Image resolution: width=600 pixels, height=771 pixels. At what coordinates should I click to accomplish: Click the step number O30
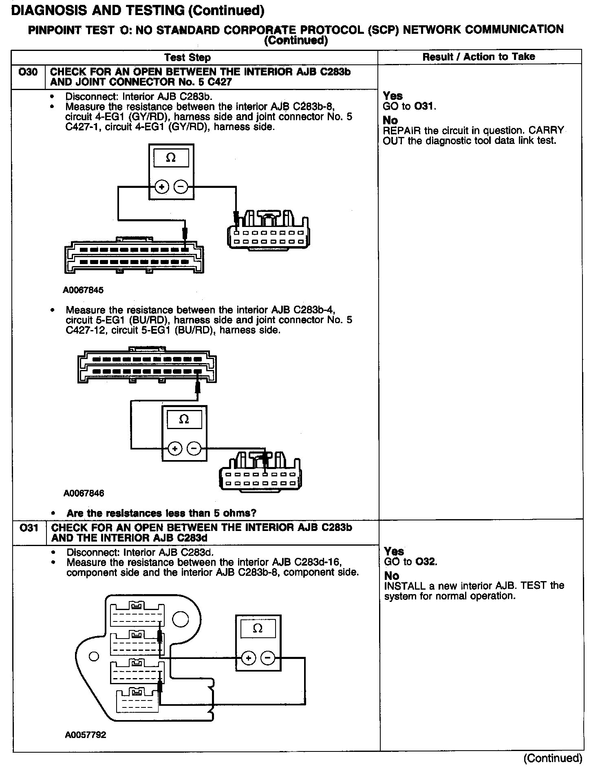click(28, 73)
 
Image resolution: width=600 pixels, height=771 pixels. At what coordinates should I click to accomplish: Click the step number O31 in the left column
click(29, 528)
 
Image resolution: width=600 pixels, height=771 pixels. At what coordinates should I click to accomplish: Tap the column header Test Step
click(187, 57)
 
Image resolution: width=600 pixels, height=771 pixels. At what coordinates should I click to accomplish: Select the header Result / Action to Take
click(479, 57)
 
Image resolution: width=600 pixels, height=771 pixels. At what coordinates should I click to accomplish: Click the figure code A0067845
click(83, 290)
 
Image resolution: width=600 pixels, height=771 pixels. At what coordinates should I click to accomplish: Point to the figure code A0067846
click(84, 493)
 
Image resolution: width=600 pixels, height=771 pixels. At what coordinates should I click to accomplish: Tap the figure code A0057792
click(85, 735)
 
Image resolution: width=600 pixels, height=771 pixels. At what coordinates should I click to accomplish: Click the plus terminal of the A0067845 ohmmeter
click(162, 187)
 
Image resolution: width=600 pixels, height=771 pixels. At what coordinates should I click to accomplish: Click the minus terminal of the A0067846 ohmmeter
click(194, 449)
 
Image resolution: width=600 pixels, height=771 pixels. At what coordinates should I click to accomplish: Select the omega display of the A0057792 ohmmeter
click(258, 628)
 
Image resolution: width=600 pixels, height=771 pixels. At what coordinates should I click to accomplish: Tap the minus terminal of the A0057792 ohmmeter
click(267, 658)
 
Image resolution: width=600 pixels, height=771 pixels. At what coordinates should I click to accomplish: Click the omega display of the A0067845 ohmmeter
click(171, 158)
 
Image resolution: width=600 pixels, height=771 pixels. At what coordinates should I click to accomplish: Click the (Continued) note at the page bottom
click(553, 758)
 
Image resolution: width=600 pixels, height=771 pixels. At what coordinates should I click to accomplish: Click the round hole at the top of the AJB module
click(181, 620)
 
